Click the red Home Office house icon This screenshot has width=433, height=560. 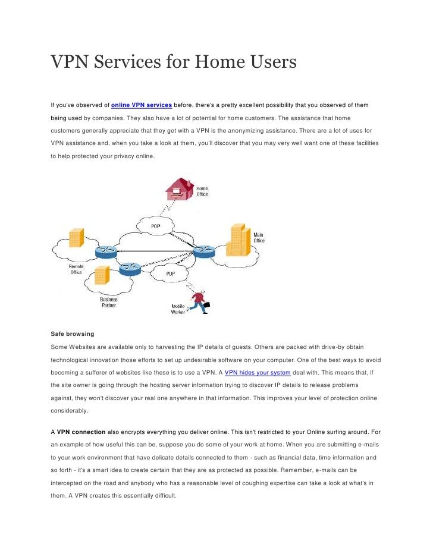tap(180, 189)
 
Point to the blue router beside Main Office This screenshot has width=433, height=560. tap(202, 250)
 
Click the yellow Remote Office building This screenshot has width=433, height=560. tap(76, 237)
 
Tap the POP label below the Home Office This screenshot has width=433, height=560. tap(155, 226)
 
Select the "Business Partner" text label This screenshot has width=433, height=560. tap(108, 302)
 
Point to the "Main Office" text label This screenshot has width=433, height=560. tap(259, 238)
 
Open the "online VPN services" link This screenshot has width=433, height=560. tap(142, 105)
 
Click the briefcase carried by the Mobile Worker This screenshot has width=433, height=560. tap(206, 306)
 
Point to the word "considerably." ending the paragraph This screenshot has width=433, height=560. tap(69, 411)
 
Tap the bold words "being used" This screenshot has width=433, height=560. tap(66, 118)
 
